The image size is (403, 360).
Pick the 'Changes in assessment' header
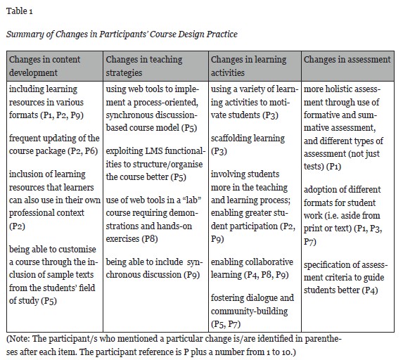pos(347,60)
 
